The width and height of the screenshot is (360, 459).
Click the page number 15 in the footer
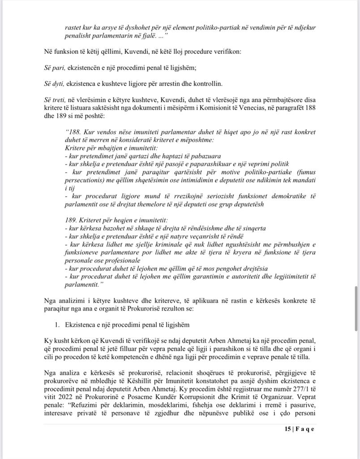tap(287, 429)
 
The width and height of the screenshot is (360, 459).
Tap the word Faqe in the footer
tap(306, 429)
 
